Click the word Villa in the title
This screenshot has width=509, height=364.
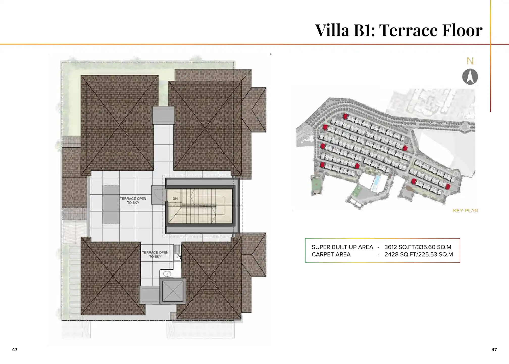click(x=332, y=30)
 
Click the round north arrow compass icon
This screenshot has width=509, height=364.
click(x=470, y=77)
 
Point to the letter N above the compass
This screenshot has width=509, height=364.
click(x=470, y=61)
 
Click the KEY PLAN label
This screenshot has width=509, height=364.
click(x=465, y=211)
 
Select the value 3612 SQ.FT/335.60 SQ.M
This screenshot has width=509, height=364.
click(x=418, y=247)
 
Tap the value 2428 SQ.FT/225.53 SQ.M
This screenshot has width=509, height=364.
click(x=418, y=254)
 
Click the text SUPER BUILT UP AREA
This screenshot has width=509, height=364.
click(x=342, y=247)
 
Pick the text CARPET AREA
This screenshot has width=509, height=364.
click(x=331, y=254)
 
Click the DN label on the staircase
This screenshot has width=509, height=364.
click(x=175, y=199)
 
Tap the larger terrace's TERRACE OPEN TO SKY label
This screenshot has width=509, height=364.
click(x=133, y=200)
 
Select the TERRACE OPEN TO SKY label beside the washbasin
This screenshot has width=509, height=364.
click(x=155, y=254)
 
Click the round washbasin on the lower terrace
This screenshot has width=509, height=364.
click(x=167, y=274)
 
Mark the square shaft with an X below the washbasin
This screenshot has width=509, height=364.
click(x=173, y=291)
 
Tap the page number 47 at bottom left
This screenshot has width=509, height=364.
click(x=15, y=349)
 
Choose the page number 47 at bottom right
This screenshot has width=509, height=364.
click(x=494, y=349)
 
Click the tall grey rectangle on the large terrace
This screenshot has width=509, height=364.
click(x=111, y=204)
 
